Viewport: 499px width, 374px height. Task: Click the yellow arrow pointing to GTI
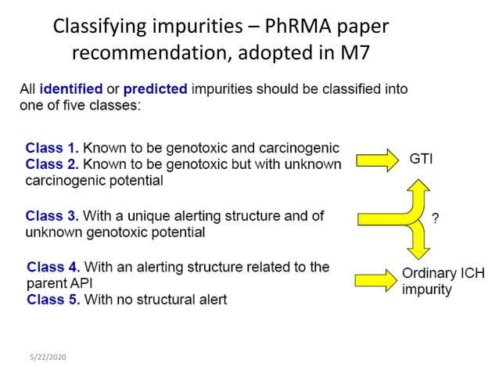click(x=378, y=160)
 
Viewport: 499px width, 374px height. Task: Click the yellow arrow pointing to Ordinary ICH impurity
click(x=375, y=279)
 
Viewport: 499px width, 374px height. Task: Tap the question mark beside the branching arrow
click(x=436, y=220)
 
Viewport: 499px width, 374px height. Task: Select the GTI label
click(x=421, y=159)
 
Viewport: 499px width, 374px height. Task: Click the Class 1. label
click(x=52, y=148)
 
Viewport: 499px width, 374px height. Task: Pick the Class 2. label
click(x=52, y=164)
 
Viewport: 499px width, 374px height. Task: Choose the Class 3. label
click(x=52, y=216)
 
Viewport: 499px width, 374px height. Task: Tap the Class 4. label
click(x=53, y=267)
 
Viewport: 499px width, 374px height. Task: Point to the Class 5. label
click(x=53, y=299)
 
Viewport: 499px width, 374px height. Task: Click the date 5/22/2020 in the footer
click(x=48, y=357)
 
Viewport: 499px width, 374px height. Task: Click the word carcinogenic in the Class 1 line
click(x=300, y=148)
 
